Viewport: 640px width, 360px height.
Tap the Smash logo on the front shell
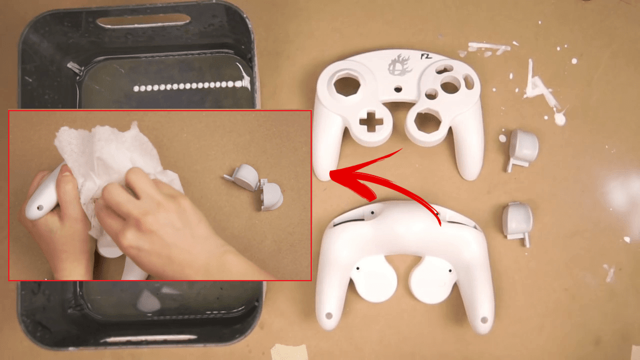click(x=400, y=64)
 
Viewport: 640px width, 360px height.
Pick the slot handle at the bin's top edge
click(x=143, y=21)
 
